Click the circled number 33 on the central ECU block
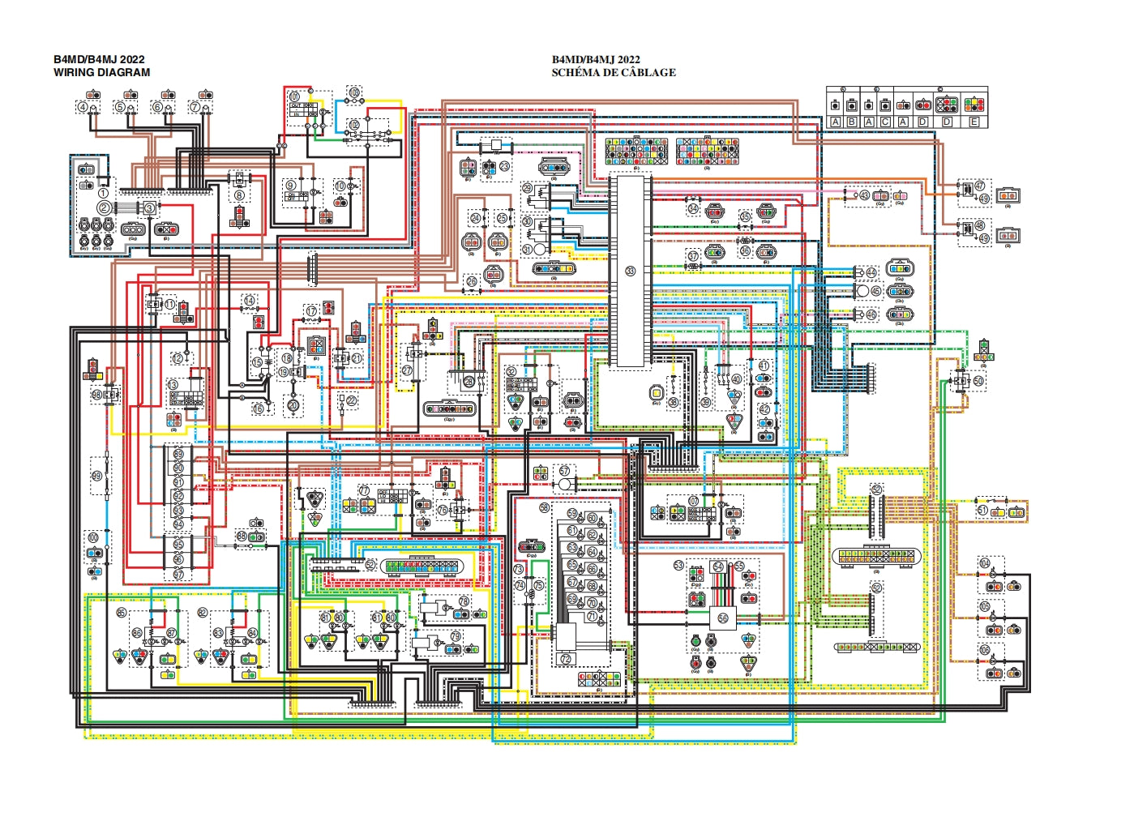point(631,271)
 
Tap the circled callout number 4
point(83,107)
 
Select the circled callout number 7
point(195,107)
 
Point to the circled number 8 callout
point(239,195)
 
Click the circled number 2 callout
point(104,207)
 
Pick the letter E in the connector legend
point(974,122)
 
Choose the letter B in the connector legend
point(852,122)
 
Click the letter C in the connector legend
point(885,122)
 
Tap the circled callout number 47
point(979,186)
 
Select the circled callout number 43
point(864,195)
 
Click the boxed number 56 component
point(722,618)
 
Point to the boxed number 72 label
point(565,658)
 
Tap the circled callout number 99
point(96,477)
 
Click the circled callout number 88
point(242,537)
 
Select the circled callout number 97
point(178,575)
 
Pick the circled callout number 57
point(564,471)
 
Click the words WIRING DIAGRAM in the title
point(101,72)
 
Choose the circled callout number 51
point(982,511)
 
